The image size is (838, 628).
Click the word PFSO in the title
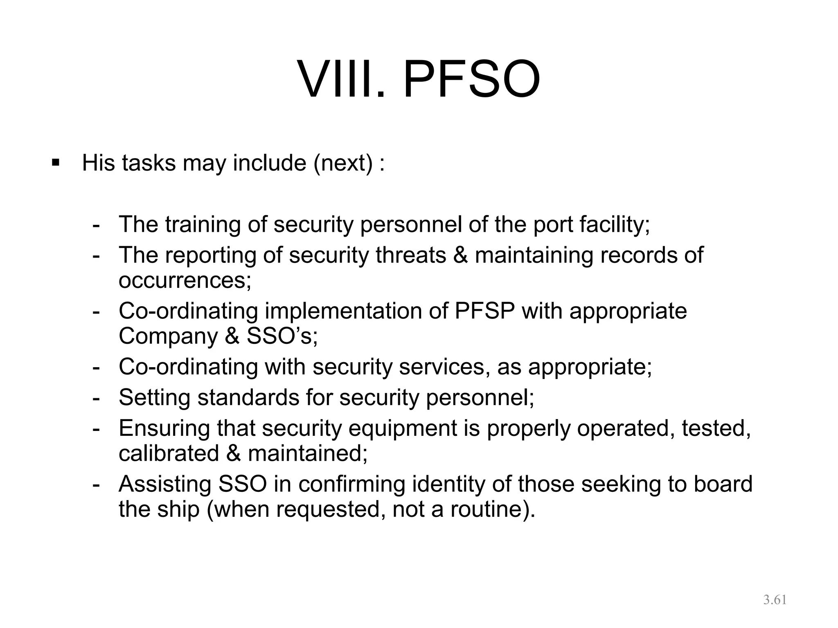[472, 79]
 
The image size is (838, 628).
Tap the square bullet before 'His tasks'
[56, 163]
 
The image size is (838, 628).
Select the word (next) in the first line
[343, 164]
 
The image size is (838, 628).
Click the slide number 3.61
[775, 600]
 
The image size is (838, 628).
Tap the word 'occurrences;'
[185, 280]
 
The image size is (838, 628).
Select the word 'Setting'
[155, 397]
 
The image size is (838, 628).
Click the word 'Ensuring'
[164, 428]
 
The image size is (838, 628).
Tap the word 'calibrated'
[169, 453]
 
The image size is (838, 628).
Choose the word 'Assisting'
[165, 484]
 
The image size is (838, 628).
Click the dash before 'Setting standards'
[97, 397]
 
